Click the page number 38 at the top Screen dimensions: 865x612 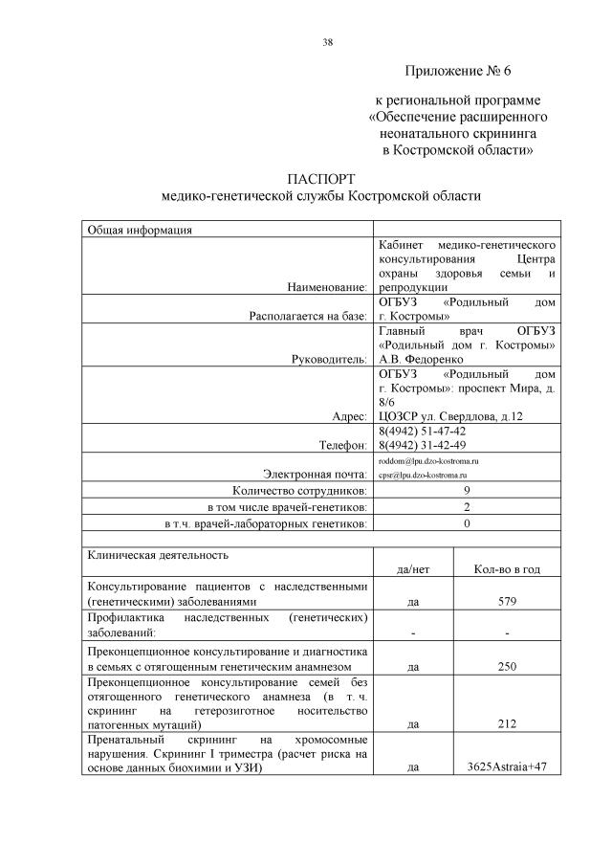328,42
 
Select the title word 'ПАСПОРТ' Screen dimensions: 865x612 320,179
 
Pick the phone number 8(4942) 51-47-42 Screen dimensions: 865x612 424,432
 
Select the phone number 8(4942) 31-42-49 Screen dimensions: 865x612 424,445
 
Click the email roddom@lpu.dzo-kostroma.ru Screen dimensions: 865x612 428,461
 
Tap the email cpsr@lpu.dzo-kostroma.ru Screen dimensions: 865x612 423,475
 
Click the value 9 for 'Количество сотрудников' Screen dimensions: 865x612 467,490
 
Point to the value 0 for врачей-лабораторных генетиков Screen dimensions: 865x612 467,523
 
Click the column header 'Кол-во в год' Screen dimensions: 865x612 507,569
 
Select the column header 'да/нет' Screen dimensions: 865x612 412,569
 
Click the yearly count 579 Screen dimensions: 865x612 507,602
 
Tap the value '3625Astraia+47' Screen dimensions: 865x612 507,767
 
